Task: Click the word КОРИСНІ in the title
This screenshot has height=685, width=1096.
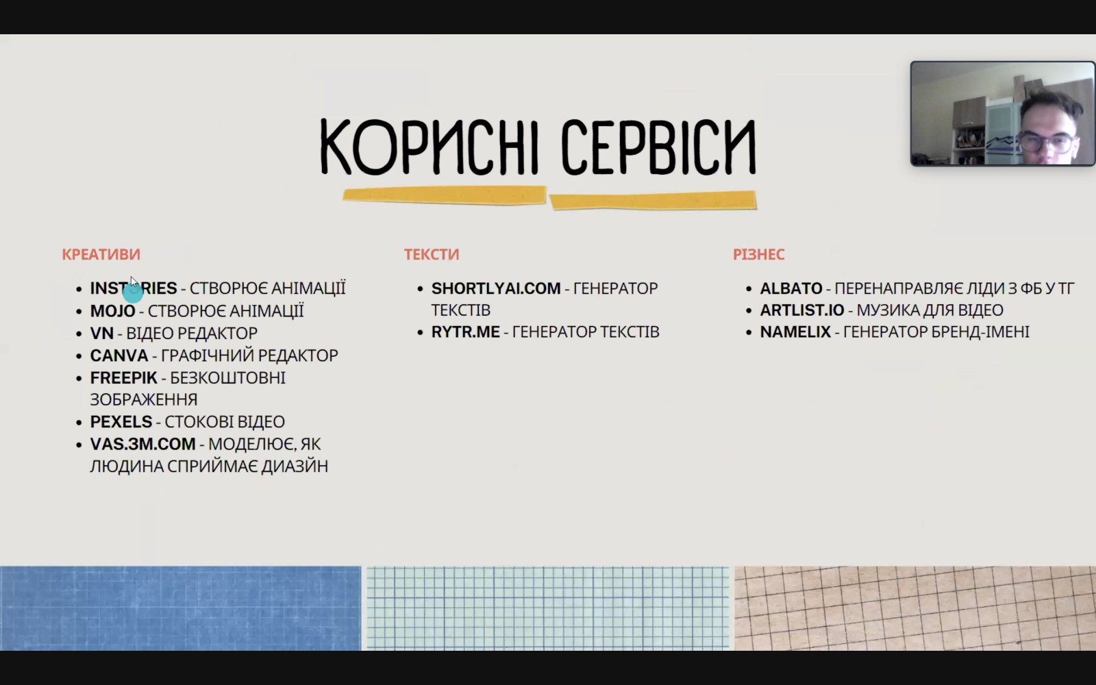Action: point(429,147)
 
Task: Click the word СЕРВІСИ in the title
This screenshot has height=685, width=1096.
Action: point(658,147)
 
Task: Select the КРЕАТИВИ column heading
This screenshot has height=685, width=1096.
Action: point(101,254)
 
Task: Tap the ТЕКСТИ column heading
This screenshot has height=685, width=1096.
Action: point(432,254)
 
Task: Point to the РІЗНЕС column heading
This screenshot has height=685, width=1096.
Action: point(759,254)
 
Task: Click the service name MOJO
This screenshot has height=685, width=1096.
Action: point(112,311)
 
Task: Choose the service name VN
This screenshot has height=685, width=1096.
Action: point(102,333)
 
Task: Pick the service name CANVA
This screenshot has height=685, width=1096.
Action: point(119,356)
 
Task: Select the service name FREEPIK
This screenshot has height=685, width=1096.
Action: point(124,377)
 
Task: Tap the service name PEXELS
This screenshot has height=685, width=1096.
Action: point(121,421)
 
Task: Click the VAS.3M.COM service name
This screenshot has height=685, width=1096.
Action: point(143,444)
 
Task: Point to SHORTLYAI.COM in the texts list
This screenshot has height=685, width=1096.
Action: point(496,288)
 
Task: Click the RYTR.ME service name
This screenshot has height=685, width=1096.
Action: point(465,332)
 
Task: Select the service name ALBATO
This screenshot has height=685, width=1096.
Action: point(791,288)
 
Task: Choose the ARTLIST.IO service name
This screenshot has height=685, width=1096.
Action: point(802,310)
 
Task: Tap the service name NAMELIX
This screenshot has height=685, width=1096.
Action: point(795,332)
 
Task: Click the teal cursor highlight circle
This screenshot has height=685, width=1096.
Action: point(133,293)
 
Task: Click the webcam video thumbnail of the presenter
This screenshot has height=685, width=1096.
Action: point(1003,114)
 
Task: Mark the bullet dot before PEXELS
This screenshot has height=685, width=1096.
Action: point(79,422)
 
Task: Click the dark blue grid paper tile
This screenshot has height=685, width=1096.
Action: point(181,608)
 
